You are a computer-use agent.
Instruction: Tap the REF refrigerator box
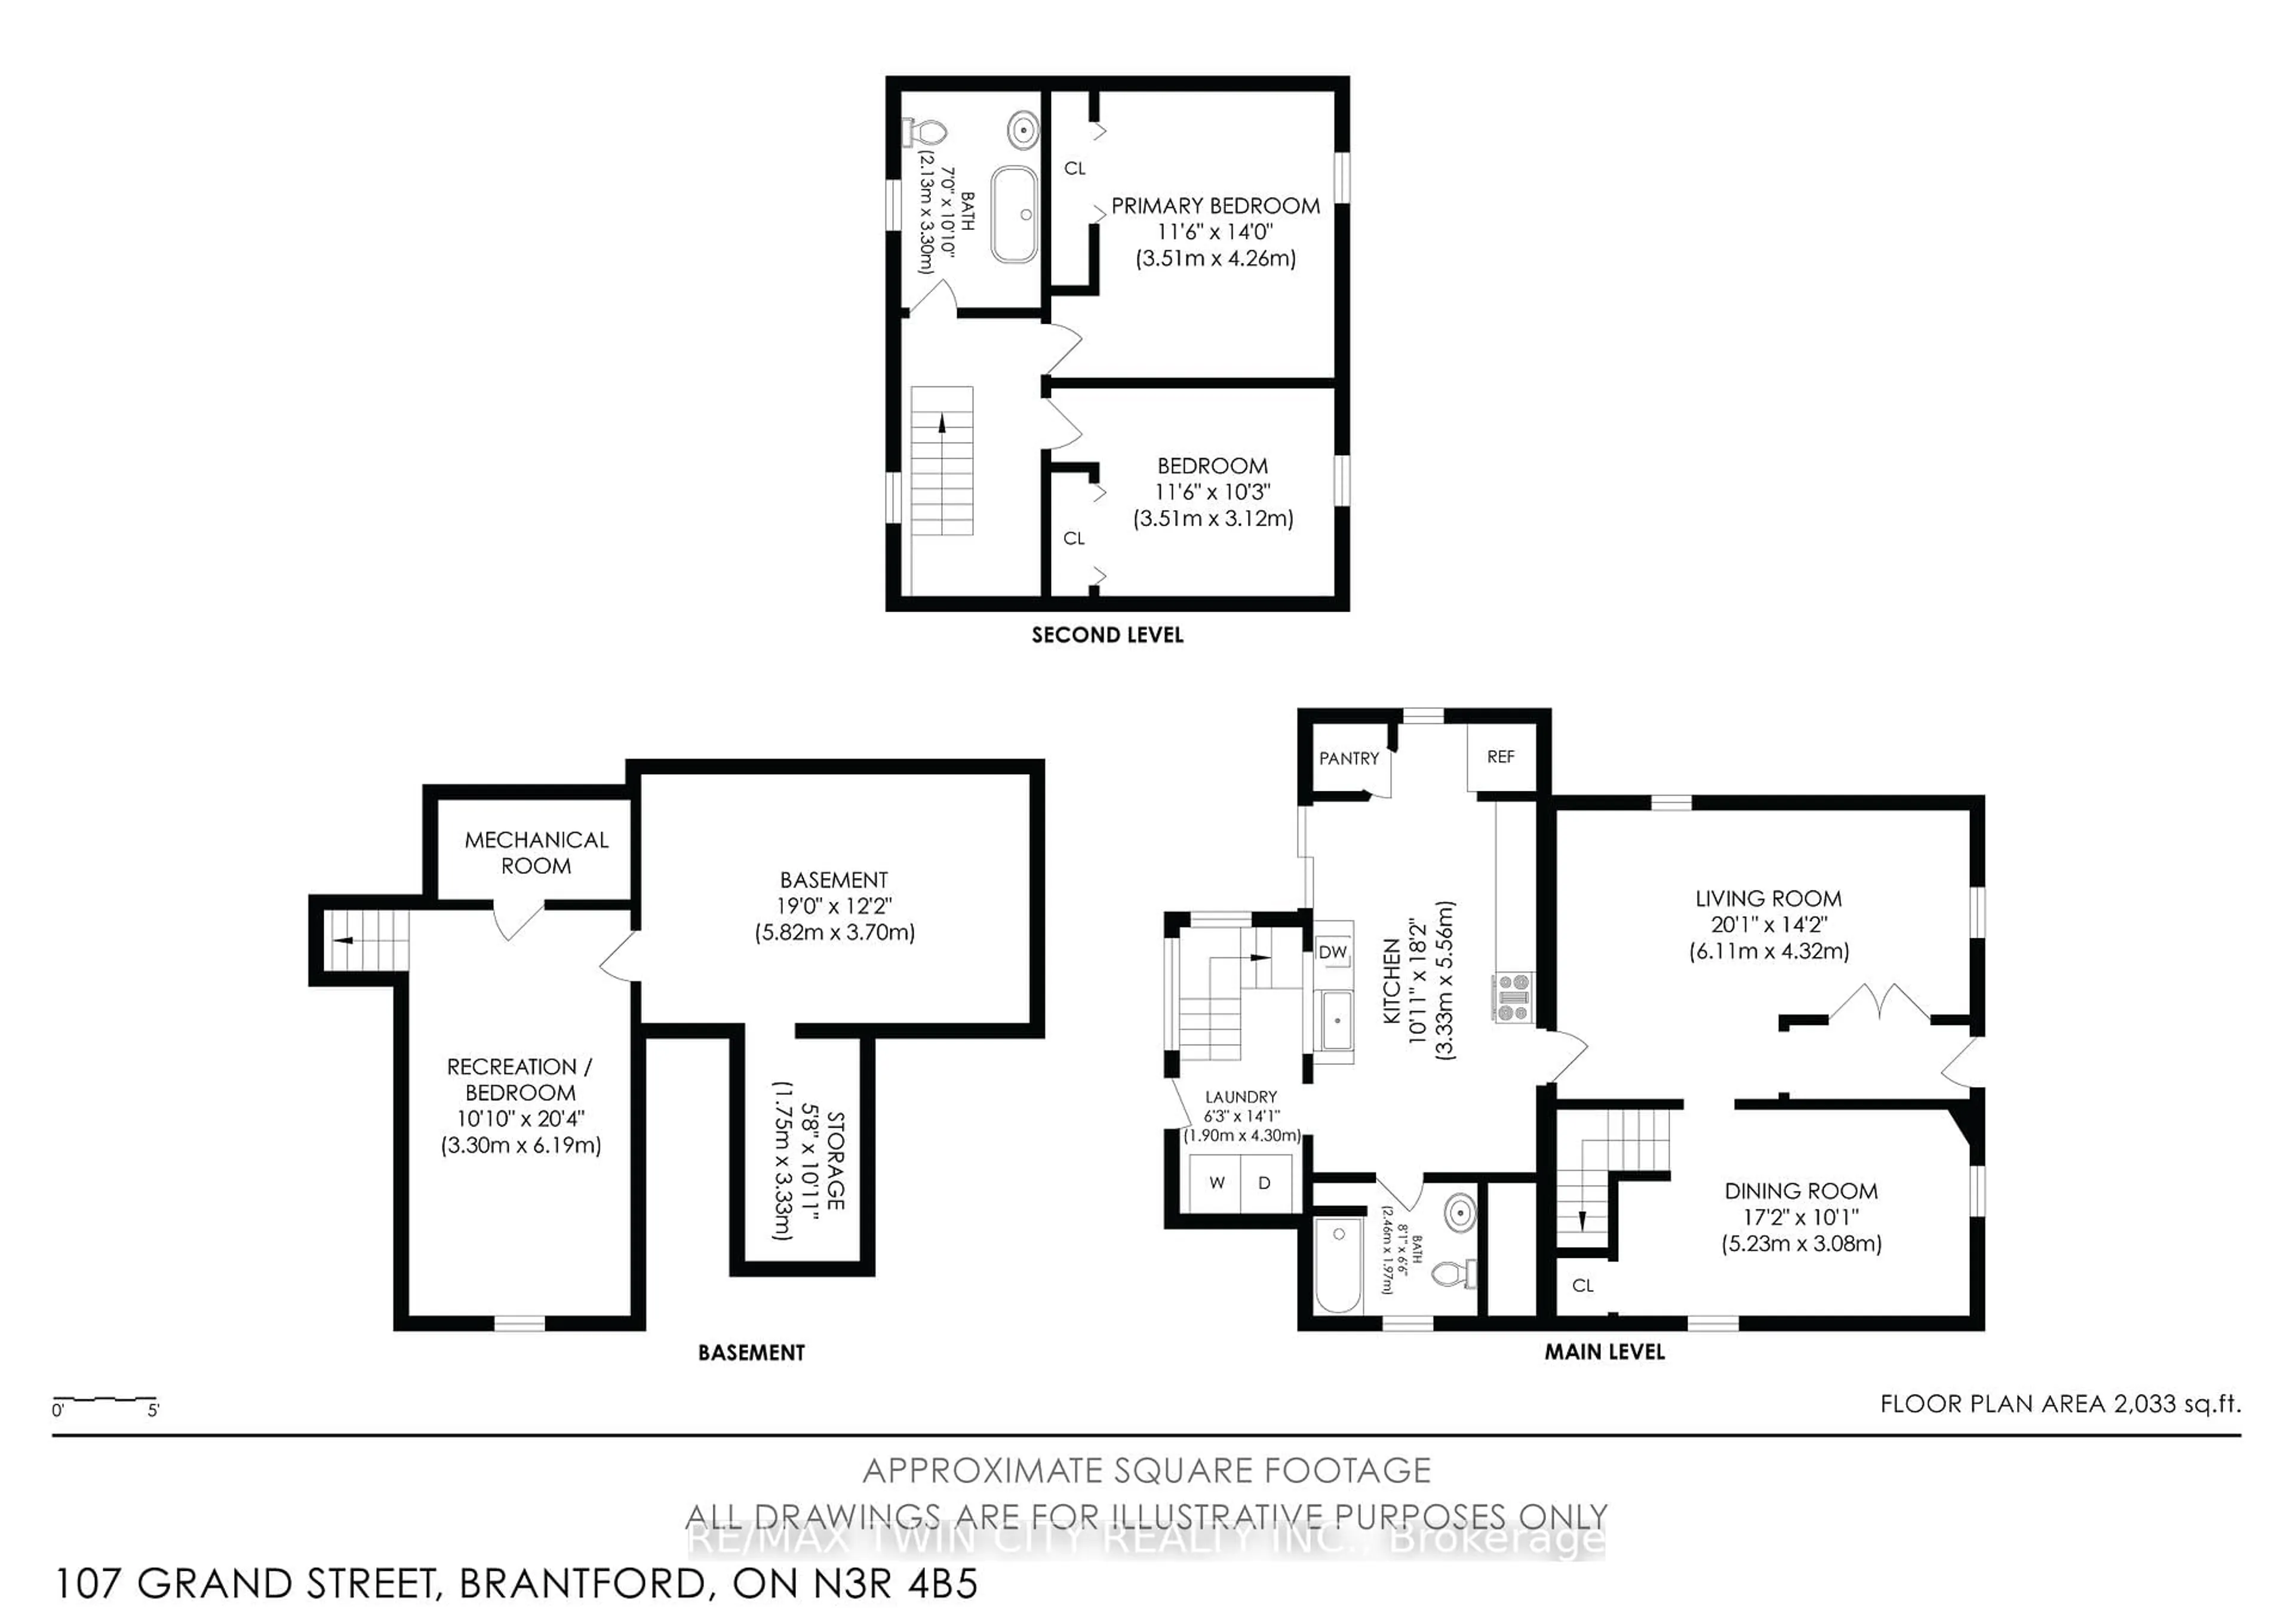(x=1500, y=757)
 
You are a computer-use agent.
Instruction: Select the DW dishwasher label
(x=1332, y=952)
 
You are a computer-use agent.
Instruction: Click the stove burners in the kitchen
(x=1513, y=997)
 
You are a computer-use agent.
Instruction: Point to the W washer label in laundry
(x=1216, y=1183)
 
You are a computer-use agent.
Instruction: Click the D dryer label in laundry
(x=1264, y=1183)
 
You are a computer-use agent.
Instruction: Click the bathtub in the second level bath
(x=1014, y=214)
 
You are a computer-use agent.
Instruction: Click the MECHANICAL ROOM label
(x=536, y=852)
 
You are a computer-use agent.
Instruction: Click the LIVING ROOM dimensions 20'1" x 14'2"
(x=1769, y=925)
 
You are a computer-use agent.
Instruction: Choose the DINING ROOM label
(x=1800, y=1190)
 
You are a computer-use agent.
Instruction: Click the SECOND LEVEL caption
(x=1106, y=635)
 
